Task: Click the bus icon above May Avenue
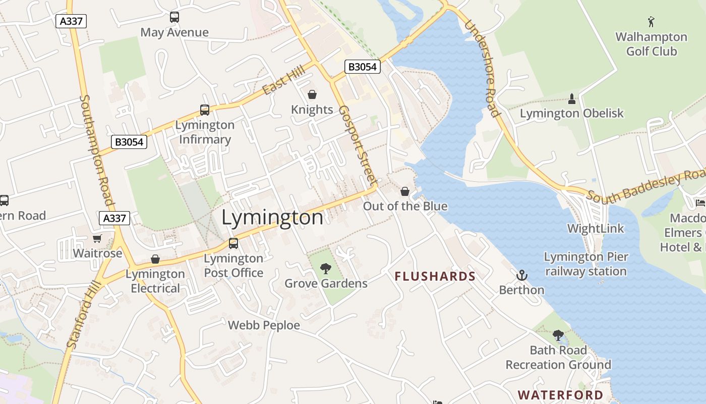coord(174,17)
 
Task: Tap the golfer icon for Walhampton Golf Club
coord(651,22)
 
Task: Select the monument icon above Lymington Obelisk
coord(572,98)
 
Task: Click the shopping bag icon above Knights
coord(312,94)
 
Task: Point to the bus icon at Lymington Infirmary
coord(205,110)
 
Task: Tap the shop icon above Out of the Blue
coord(404,191)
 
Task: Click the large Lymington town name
coord(272,218)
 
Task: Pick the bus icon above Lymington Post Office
coord(233,243)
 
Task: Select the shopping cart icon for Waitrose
coord(97,238)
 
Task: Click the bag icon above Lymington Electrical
coord(155,259)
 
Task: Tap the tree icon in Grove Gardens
coord(326,268)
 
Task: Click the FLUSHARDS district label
coord(435,276)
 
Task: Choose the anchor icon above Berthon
coord(522,275)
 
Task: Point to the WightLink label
coord(596,228)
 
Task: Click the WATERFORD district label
coord(560,395)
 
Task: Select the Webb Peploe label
coord(264,325)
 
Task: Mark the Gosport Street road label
coord(357,144)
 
